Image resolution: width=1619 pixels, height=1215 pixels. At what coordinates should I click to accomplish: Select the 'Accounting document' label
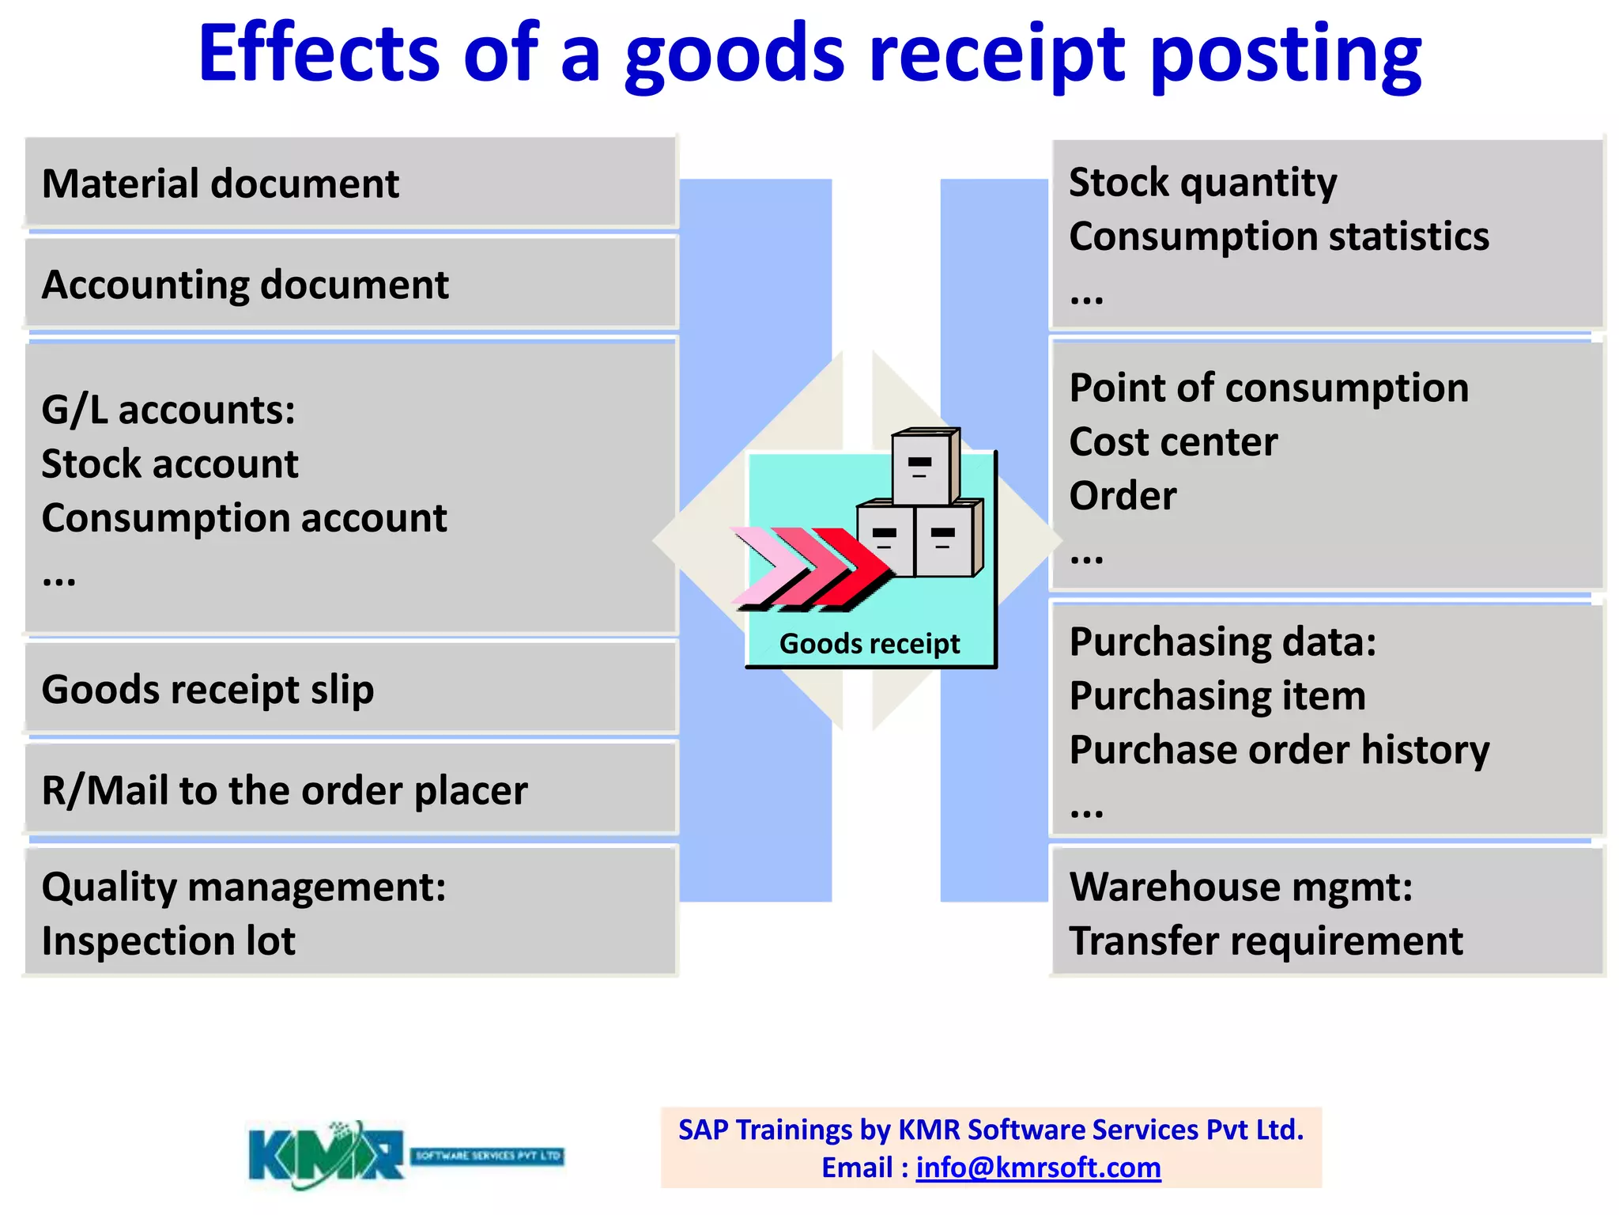click(245, 285)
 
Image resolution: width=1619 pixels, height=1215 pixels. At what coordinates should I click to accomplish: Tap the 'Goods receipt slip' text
click(208, 690)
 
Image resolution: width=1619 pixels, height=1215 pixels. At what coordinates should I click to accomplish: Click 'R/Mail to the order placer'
click(285, 791)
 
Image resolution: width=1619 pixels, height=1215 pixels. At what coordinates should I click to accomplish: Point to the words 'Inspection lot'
click(168, 941)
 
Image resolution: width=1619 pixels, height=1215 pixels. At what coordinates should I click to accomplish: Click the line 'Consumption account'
click(244, 518)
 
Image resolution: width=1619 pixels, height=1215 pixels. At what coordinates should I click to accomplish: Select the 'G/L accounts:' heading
click(168, 410)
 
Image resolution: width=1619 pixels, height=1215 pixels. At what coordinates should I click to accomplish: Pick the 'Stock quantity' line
click(1202, 183)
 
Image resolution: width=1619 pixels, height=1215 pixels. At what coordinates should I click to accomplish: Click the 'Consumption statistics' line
click(1278, 237)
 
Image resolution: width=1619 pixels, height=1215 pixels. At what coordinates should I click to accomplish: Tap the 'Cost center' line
click(1173, 441)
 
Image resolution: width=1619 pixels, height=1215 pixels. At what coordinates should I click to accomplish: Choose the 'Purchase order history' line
click(1279, 750)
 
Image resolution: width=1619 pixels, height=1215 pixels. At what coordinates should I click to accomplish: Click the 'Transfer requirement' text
click(1266, 941)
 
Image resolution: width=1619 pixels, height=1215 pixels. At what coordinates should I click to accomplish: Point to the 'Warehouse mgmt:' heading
click(1240, 887)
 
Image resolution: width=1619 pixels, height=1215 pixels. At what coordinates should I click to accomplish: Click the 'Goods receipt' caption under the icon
click(870, 644)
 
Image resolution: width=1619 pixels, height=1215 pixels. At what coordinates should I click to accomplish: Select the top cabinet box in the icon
click(923, 468)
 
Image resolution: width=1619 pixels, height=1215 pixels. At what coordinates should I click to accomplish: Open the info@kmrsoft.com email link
click(1038, 1168)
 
